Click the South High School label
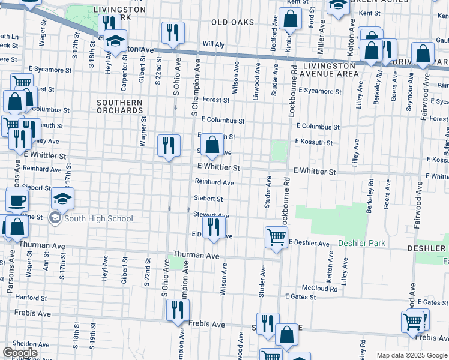98,218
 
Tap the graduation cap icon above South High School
63,199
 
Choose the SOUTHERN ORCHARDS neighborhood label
120,107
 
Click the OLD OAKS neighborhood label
232,22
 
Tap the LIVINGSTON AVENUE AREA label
331,70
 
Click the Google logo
20,353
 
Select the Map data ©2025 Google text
411,355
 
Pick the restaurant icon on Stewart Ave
213,227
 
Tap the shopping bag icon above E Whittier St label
212,145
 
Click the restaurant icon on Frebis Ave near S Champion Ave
177,310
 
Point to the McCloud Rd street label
319,289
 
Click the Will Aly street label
213,44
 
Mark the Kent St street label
370,13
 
